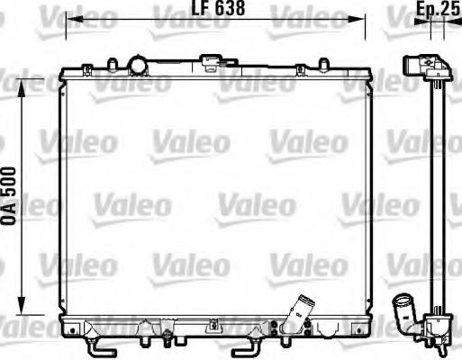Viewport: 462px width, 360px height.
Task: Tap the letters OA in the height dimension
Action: pos(9,218)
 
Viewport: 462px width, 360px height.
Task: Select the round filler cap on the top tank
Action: pos(139,65)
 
